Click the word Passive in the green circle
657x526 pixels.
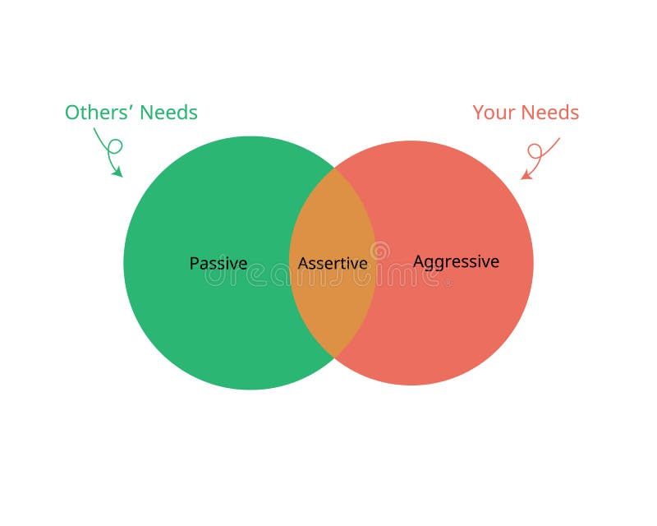click(x=218, y=264)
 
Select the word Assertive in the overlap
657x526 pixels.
click(x=333, y=264)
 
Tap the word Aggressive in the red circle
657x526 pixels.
click(x=456, y=262)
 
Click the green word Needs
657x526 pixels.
click(x=168, y=113)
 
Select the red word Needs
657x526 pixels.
click(x=549, y=113)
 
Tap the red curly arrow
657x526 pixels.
click(x=540, y=156)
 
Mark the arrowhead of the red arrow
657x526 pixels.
click(x=526, y=175)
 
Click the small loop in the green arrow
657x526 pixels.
click(x=116, y=146)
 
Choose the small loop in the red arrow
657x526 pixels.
click(x=535, y=150)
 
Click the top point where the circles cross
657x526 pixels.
click(x=333, y=168)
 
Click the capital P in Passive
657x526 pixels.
click(x=194, y=264)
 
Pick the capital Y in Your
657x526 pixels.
click(x=479, y=113)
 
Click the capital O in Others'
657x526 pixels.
click(x=72, y=113)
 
